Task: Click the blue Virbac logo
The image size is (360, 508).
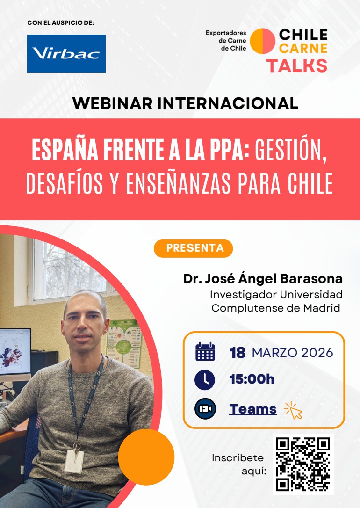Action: pyautogui.click(x=66, y=53)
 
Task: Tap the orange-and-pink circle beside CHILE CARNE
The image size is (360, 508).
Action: pyautogui.click(x=263, y=41)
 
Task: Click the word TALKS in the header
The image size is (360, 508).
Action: pyautogui.click(x=297, y=66)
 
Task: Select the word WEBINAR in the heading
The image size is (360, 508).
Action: pyautogui.click(x=113, y=103)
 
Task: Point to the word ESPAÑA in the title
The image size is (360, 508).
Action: pyautogui.click(x=65, y=151)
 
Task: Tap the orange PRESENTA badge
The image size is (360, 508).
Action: pyautogui.click(x=193, y=248)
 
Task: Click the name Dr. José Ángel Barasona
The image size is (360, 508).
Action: pyautogui.click(x=263, y=279)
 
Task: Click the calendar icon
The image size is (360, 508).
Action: pyautogui.click(x=205, y=351)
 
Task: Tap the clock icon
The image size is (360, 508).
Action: pyautogui.click(x=205, y=380)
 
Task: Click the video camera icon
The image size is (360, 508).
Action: pyautogui.click(x=205, y=408)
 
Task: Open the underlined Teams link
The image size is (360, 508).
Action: pyautogui.click(x=253, y=409)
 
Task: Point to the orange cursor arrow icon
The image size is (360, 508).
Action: pyautogui.click(x=293, y=411)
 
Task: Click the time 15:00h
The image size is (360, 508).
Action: pyautogui.click(x=252, y=379)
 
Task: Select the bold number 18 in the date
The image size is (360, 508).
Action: pyautogui.click(x=238, y=353)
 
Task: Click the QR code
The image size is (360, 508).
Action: pyautogui.click(x=303, y=464)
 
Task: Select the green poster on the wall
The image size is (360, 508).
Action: pyautogui.click(x=125, y=343)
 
